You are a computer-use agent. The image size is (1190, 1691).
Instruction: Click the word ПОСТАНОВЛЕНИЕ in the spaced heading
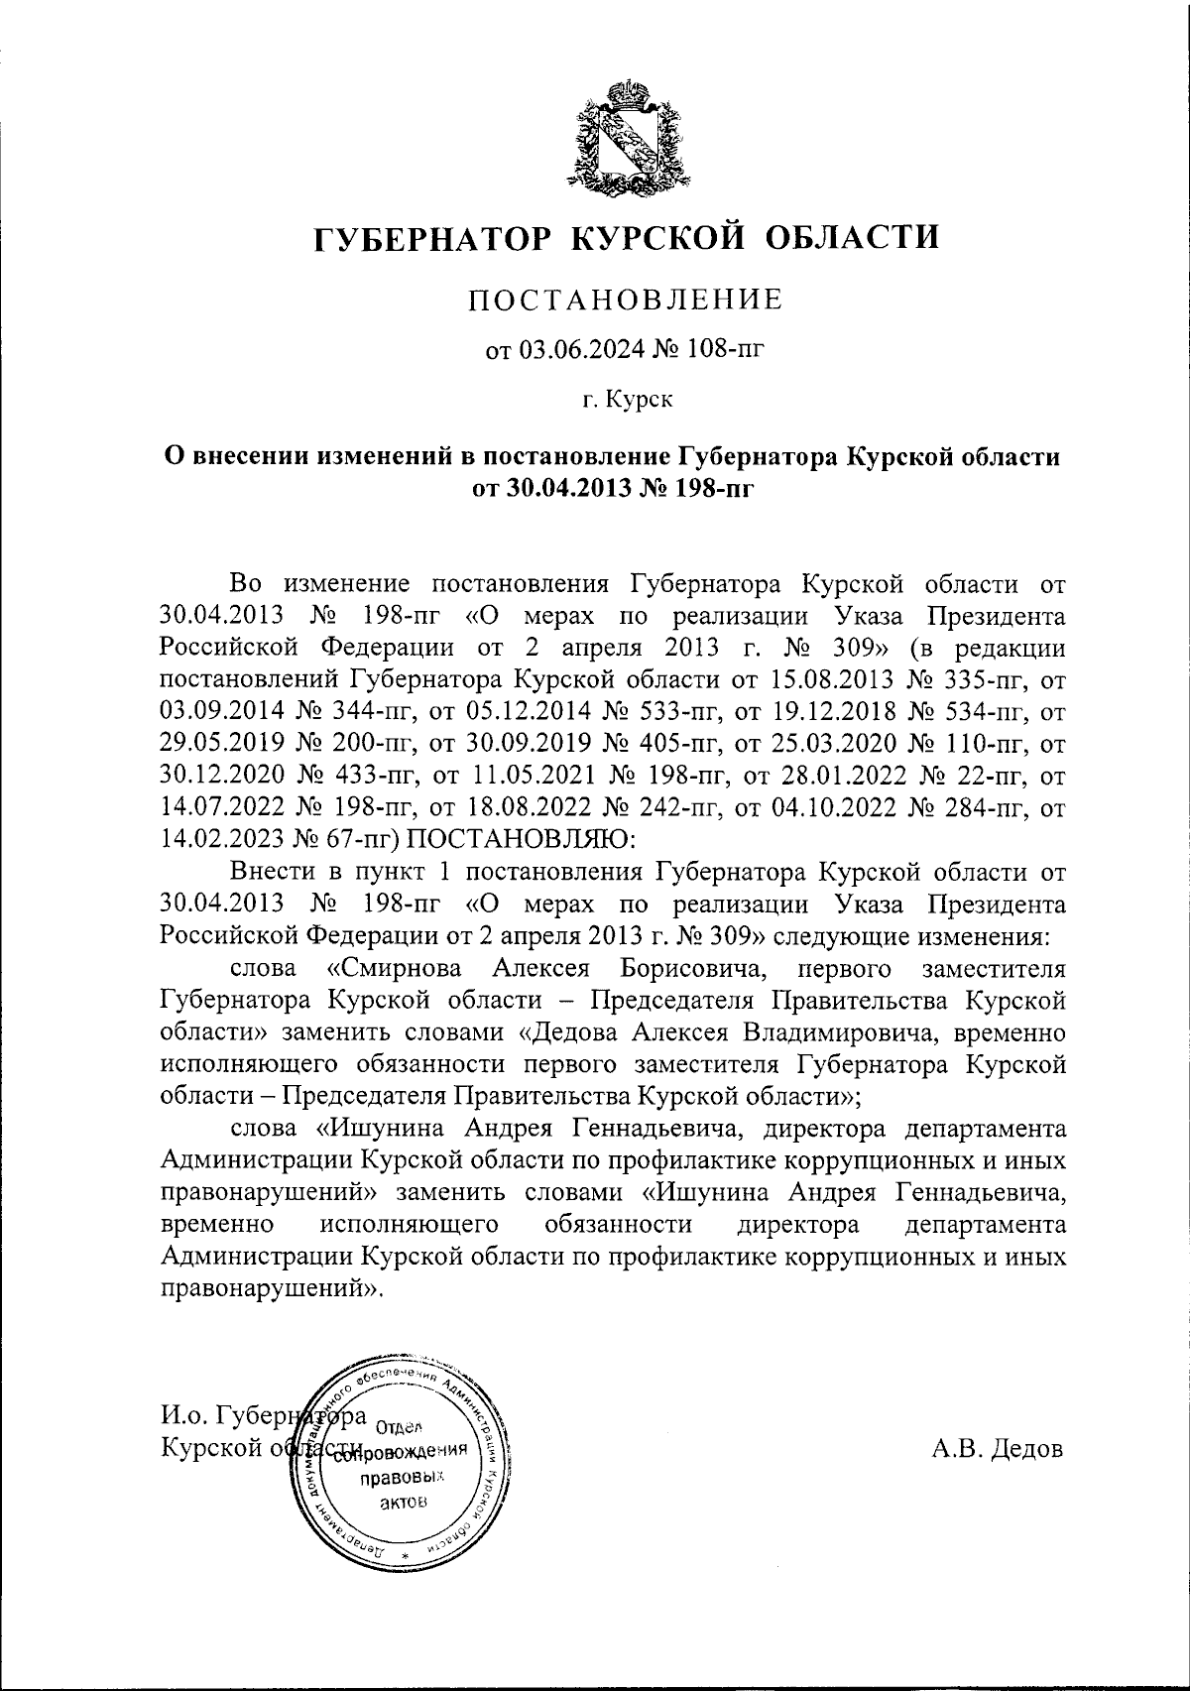(626, 299)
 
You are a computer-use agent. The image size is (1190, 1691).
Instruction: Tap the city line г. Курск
(627, 400)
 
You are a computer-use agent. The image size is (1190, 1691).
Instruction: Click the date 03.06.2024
(576, 349)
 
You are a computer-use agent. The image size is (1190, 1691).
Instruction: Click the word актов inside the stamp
(405, 1502)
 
